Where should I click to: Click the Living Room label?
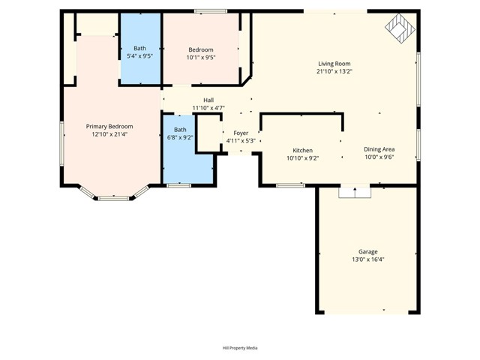click(334, 64)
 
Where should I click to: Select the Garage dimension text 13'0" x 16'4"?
click(367, 259)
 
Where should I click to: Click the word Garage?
click(367, 251)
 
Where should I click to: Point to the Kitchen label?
click(302, 150)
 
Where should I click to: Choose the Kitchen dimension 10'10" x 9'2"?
click(302, 158)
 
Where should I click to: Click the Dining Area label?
click(379, 149)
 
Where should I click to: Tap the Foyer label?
click(241, 133)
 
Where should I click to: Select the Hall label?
click(208, 100)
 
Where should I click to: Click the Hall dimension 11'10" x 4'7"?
click(208, 108)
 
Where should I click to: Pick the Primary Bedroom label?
click(109, 126)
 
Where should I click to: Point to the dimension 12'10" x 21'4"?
click(109, 134)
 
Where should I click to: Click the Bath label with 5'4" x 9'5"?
click(139, 48)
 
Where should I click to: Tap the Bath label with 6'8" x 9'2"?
click(180, 129)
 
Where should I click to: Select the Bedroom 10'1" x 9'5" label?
click(201, 49)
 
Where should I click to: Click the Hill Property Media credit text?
click(240, 348)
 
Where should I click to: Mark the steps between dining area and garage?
click(355, 192)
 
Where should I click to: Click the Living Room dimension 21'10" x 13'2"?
click(334, 72)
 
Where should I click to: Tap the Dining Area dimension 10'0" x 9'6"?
click(379, 157)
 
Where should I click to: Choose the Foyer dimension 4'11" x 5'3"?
click(241, 141)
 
